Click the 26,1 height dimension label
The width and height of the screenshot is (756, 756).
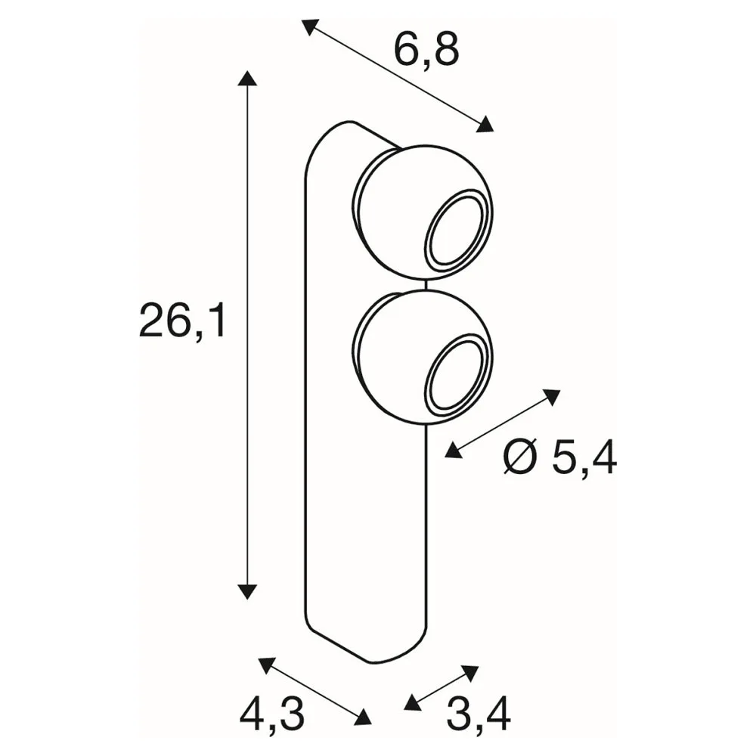[x=181, y=321]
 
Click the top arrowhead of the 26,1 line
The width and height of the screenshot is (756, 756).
[x=247, y=78]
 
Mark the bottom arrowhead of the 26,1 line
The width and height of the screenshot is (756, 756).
[x=247, y=591]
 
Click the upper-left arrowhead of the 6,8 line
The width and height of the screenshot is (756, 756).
[x=311, y=27]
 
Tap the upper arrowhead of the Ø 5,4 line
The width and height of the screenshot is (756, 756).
[x=552, y=396]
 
